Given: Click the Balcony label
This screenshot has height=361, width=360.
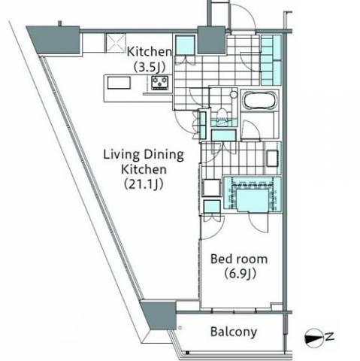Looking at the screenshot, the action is click(234, 332).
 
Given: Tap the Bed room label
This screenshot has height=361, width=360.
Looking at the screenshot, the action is click(239, 259).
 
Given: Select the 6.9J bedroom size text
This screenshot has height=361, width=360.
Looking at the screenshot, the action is click(240, 274).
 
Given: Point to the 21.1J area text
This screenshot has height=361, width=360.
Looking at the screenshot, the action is click(144, 184).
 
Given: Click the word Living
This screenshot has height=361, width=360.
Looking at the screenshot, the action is click(121, 155).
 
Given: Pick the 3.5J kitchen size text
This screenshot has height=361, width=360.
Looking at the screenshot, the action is click(150, 67).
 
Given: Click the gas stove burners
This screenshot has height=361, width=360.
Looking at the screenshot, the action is click(160, 83).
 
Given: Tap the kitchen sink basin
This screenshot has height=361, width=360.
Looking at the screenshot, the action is click(119, 83).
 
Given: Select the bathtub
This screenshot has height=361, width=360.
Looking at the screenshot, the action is click(260, 100).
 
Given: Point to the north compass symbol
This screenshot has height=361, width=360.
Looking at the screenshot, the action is click(313, 338).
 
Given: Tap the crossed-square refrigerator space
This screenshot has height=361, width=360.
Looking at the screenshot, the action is click(116, 43).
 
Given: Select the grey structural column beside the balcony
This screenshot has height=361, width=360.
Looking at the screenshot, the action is click(159, 315).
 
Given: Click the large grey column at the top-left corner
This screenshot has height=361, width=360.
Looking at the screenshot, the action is click(55, 40).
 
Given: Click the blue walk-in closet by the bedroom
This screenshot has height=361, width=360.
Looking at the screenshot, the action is click(252, 194).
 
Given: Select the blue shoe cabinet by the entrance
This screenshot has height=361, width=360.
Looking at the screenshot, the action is click(271, 60).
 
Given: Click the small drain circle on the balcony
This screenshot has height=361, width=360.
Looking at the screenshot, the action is click(180, 327).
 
